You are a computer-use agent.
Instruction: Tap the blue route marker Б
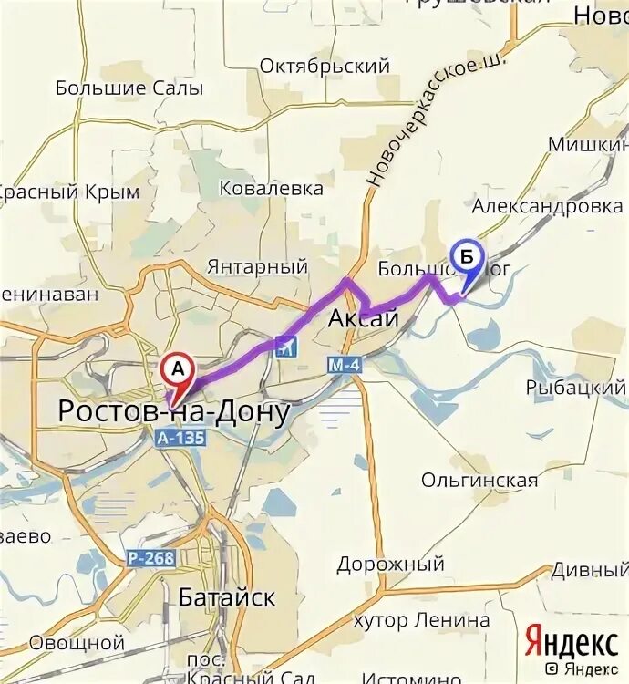[467, 258]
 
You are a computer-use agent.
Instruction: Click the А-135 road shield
[180, 439]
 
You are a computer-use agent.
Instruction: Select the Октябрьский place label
[325, 67]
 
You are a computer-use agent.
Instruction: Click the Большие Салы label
[129, 88]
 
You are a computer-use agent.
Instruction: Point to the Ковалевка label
[272, 189]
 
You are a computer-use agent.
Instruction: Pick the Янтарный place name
[257, 267]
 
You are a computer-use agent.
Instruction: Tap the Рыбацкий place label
[575, 388]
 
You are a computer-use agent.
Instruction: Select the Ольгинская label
[479, 480]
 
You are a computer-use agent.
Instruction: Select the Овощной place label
[77, 643]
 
